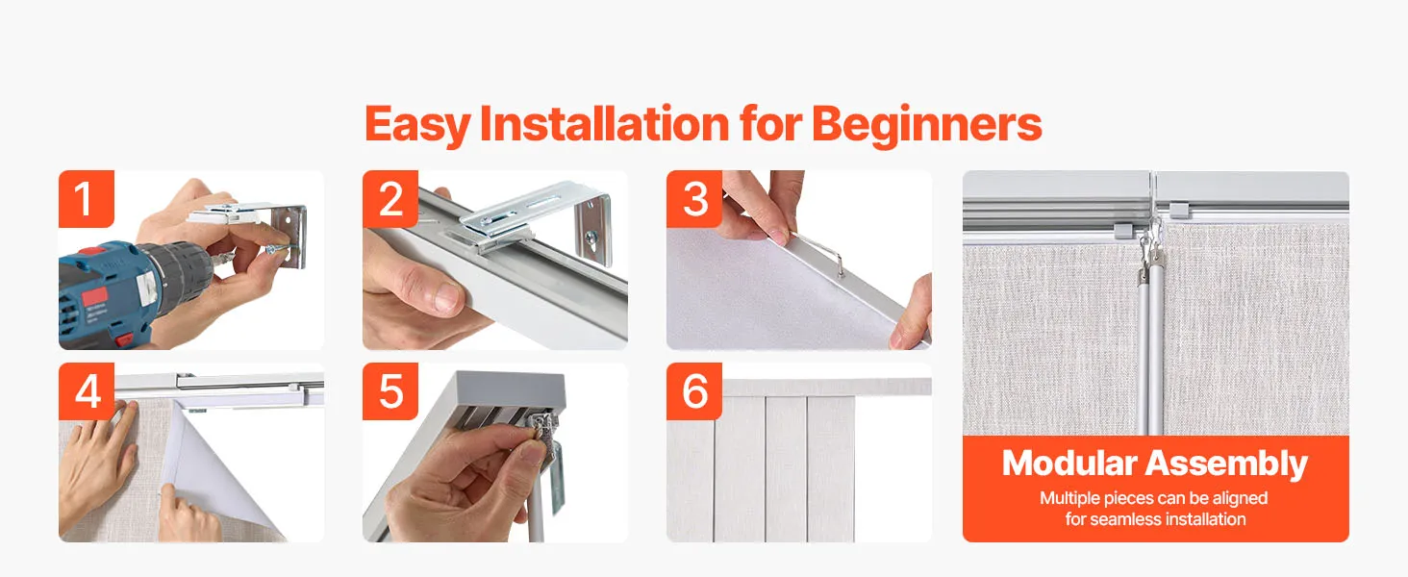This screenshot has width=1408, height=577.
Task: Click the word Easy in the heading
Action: tap(418, 125)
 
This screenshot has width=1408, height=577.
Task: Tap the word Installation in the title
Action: tap(604, 123)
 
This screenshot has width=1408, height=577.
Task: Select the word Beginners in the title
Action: tap(927, 125)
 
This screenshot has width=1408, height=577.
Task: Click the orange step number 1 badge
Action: tap(87, 199)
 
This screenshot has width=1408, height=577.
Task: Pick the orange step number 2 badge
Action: tap(390, 199)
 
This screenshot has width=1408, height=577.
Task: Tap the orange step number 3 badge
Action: tap(694, 199)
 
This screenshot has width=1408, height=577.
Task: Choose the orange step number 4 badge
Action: tap(87, 391)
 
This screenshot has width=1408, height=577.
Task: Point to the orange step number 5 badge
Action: tap(390, 391)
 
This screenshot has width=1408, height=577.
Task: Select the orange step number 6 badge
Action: tap(694, 391)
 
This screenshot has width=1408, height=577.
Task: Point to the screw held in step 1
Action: tap(277, 249)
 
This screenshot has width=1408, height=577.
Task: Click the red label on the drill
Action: tap(93, 297)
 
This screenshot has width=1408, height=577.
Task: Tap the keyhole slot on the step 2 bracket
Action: tap(591, 238)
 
